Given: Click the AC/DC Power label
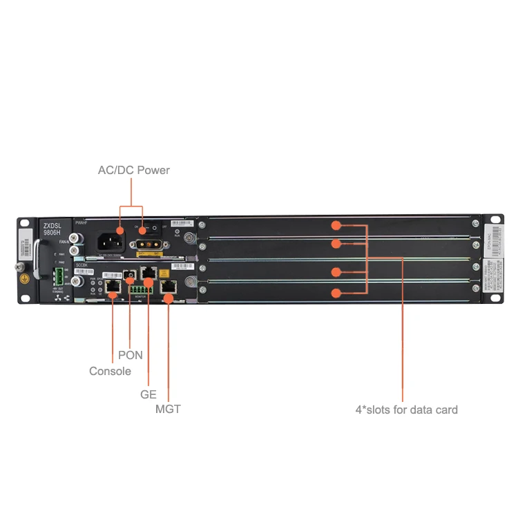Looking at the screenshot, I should pos(133,170).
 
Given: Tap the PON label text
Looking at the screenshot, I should pos(131,355).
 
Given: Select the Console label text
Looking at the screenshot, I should pos(110,371).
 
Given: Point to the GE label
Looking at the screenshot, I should pos(148,395).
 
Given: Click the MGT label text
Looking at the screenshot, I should pos(168,410).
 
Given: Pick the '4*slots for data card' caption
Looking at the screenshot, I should pos(406,410).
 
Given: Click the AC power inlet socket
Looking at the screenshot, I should pos(112,242).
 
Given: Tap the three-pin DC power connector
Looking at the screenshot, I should pos(148,244).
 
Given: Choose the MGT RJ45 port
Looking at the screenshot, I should pos(168,286).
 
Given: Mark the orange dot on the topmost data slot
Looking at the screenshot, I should pos(336,225).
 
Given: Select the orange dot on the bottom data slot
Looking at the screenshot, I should pos(336,293).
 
